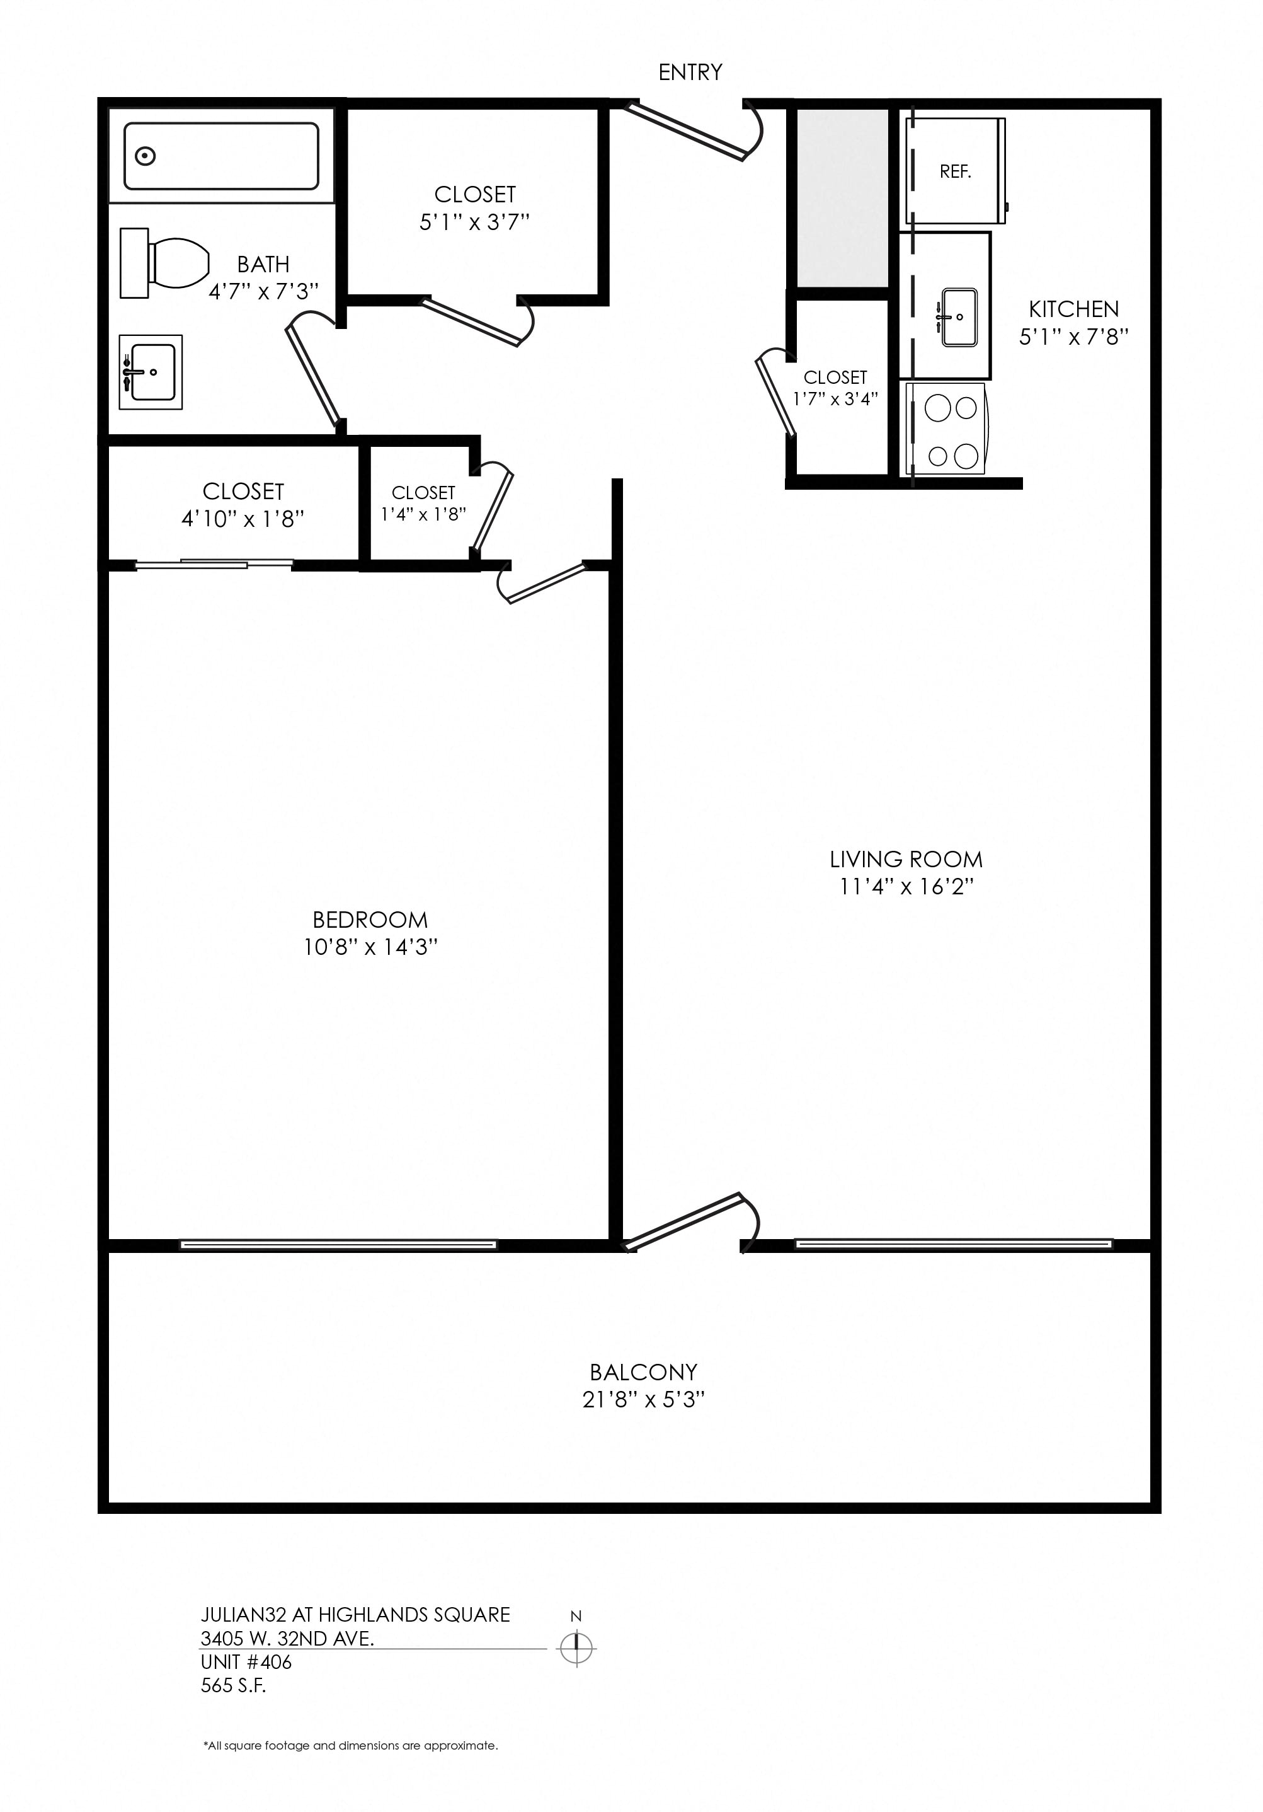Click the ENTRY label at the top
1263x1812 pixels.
tap(690, 72)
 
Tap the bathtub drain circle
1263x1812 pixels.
tap(145, 156)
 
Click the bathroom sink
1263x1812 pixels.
tap(150, 372)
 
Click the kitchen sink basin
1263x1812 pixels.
tap(959, 316)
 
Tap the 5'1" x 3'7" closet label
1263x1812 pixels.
tap(474, 222)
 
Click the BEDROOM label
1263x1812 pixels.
tap(370, 920)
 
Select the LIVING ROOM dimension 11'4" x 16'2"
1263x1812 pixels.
tap(906, 886)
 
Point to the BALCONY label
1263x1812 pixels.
tap(643, 1371)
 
